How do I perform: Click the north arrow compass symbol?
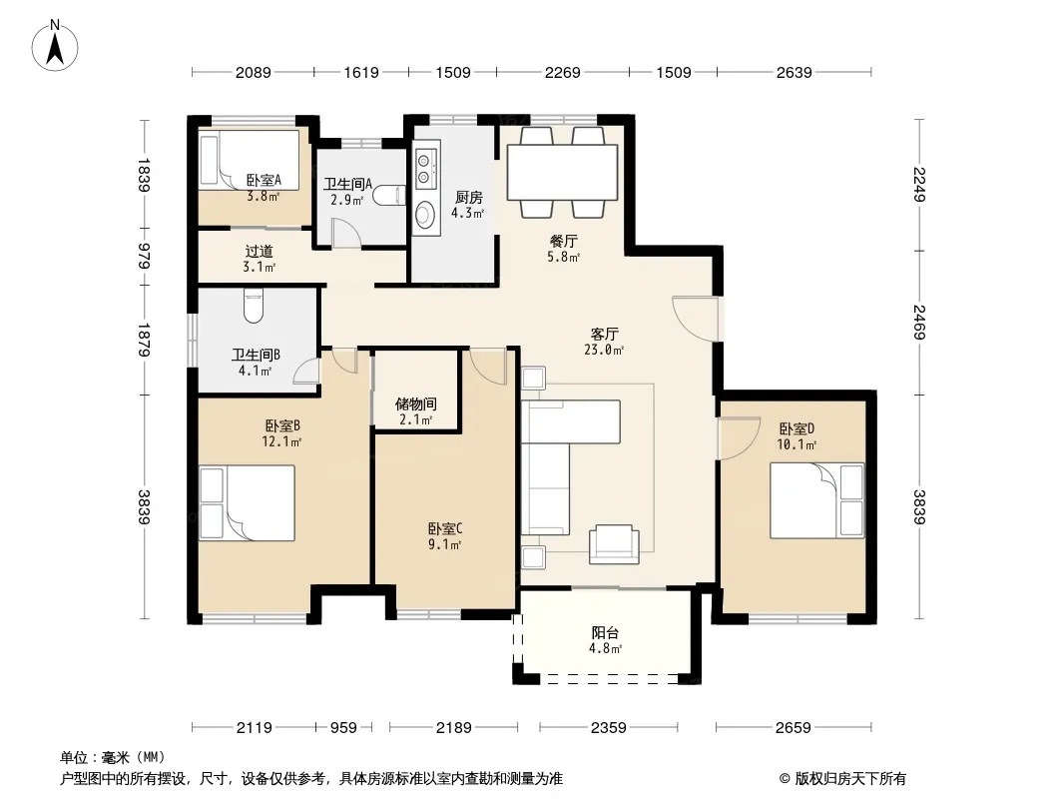(x=55, y=45)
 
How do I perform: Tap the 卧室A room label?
(x=264, y=181)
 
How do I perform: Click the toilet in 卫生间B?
(x=254, y=306)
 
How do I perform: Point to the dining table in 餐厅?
(x=563, y=172)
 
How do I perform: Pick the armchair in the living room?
(x=614, y=544)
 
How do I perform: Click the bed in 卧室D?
(x=817, y=500)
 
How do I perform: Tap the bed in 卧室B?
(x=247, y=503)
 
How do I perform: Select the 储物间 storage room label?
(x=415, y=403)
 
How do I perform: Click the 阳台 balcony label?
(x=605, y=632)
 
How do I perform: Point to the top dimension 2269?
(x=563, y=72)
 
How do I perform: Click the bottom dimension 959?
(x=343, y=728)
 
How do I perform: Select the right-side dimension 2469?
(x=919, y=322)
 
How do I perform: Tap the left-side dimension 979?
(x=144, y=256)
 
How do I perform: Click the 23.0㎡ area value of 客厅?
(x=604, y=351)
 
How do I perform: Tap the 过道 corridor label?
(x=260, y=251)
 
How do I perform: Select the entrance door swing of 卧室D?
(x=739, y=438)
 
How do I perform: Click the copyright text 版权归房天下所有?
(x=850, y=779)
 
